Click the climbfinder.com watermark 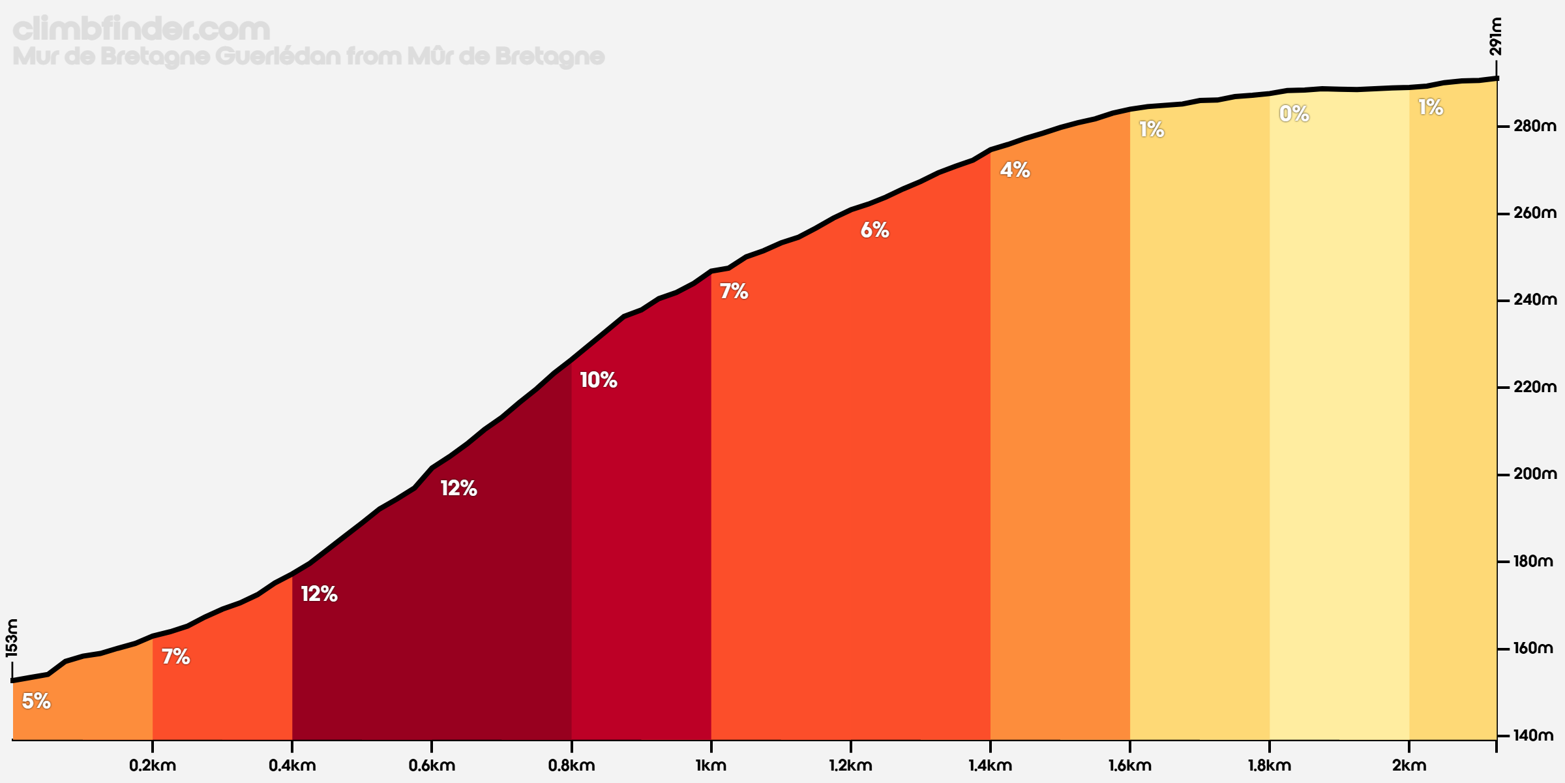[141, 29]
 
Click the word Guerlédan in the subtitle [278, 57]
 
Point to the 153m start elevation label [12, 637]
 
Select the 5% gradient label [36, 701]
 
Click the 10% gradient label [598, 380]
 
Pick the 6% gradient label [874, 230]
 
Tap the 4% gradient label [1015, 170]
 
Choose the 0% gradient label [1294, 114]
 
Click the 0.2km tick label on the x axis [153, 765]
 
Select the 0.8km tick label [571, 765]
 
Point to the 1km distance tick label [711, 765]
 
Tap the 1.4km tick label [990, 765]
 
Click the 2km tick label [1408, 765]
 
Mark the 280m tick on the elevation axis [1534, 126]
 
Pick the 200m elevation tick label [1534, 474]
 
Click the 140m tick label [1534, 735]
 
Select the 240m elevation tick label [1534, 300]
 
